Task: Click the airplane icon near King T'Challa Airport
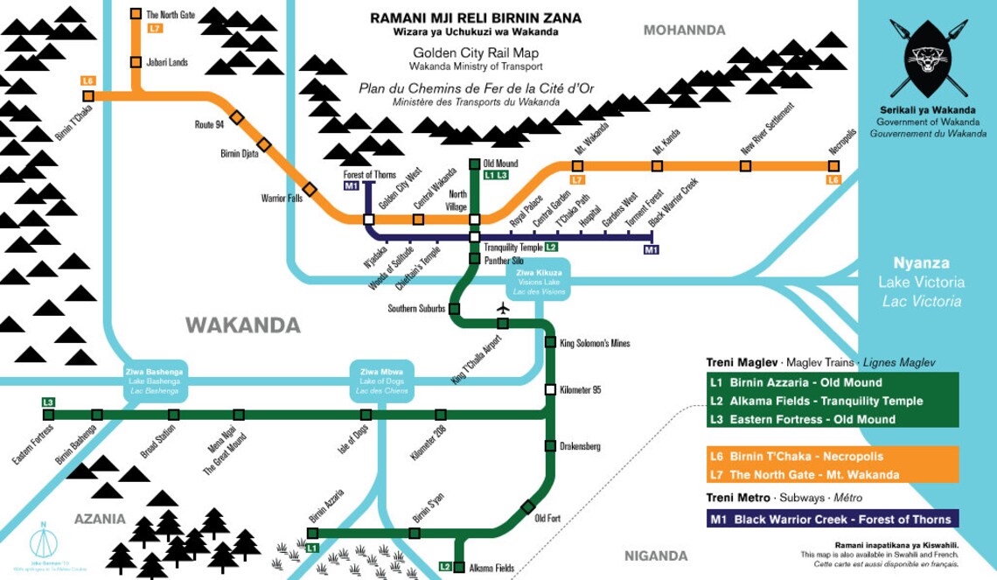pyautogui.click(x=502, y=308)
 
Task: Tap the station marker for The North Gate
pyautogui.click(x=136, y=14)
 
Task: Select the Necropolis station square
pyautogui.click(x=833, y=164)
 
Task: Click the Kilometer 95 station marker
pyautogui.click(x=550, y=389)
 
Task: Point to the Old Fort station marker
pyautogui.click(x=528, y=507)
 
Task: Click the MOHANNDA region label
pyautogui.click(x=684, y=31)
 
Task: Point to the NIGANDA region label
pyautogui.click(x=656, y=556)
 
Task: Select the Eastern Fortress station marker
pyautogui.click(x=49, y=414)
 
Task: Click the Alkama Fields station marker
pyautogui.click(x=459, y=566)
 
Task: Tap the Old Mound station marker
pyautogui.click(x=474, y=164)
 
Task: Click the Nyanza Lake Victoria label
pyautogui.click(x=928, y=282)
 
